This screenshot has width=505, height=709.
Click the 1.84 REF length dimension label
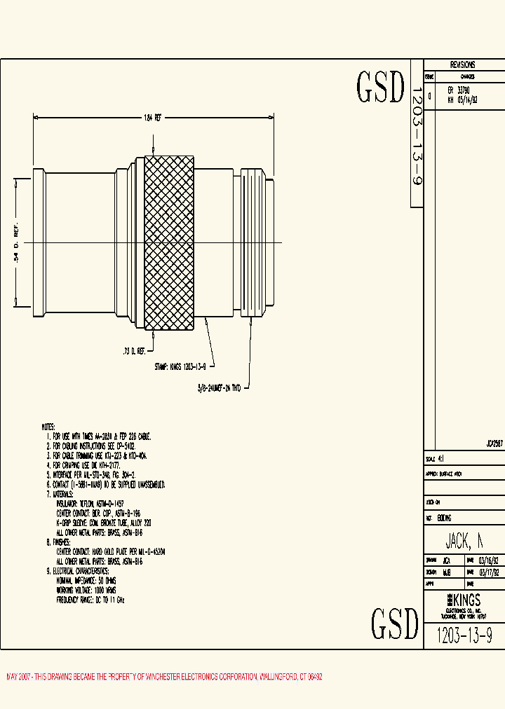(x=153, y=118)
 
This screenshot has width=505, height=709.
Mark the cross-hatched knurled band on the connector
(x=169, y=242)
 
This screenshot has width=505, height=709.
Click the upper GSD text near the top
(x=381, y=88)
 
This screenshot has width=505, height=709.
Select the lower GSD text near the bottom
(x=395, y=623)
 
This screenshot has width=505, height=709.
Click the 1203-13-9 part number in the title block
(x=464, y=635)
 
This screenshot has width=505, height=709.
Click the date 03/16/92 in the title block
(x=488, y=560)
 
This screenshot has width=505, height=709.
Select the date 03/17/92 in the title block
(x=488, y=572)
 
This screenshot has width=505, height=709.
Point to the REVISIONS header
(x=462, y=64)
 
